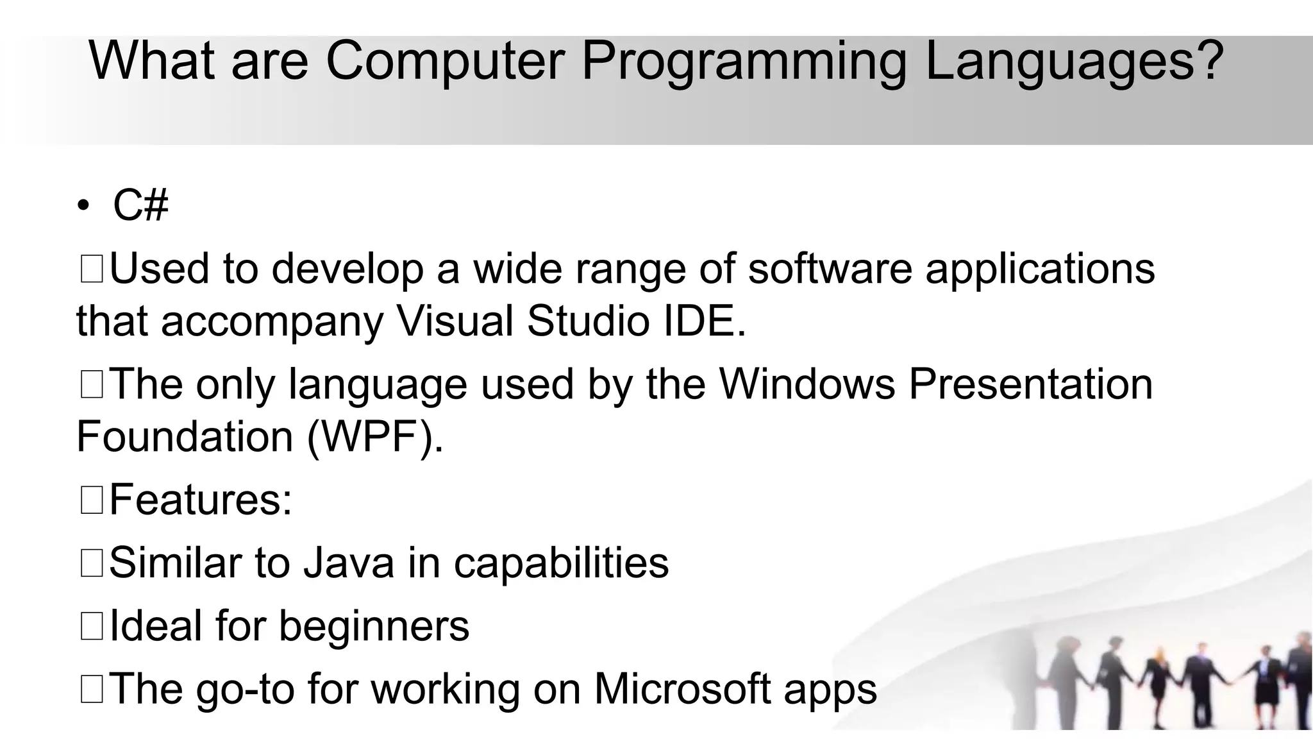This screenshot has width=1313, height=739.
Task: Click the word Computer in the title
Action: click(445, 61)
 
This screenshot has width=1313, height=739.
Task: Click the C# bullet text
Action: click(140, 206)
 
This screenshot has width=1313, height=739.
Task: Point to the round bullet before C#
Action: click(83, 207)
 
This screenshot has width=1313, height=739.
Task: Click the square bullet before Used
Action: click(92, 269)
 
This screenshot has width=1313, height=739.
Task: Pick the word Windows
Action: click(807, 384)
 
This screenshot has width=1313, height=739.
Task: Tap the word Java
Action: click(349, 563)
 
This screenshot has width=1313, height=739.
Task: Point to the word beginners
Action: click(374, 627)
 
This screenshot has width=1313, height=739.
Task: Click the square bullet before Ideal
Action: click(92, 626)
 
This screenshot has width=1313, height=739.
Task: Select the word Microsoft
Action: click(682, 689)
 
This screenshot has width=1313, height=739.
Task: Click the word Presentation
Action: click(1031, 384)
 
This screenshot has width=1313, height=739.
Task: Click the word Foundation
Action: click(185, 437)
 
